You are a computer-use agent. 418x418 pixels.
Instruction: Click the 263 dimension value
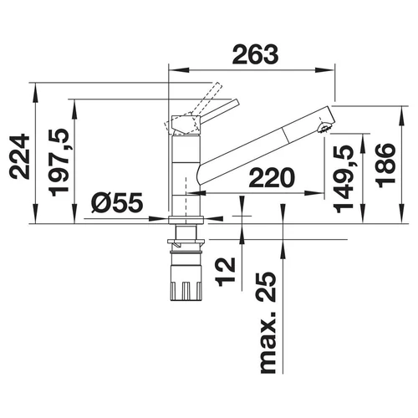255,54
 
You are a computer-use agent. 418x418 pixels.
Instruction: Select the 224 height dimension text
19,157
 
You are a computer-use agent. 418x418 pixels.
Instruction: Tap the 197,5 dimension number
59,162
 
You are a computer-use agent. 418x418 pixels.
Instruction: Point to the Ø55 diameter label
117,202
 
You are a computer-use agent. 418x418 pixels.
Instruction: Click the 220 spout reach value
272,178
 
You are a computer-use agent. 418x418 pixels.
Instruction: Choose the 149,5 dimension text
344,179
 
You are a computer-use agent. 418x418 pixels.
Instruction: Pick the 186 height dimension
385,166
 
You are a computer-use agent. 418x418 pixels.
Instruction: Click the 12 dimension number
226,272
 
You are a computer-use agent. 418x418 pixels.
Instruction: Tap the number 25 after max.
267,287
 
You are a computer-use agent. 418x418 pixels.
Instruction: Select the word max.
268,342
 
